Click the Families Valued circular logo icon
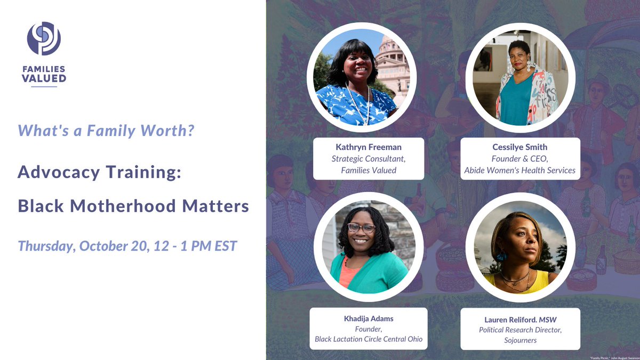coord(44,38)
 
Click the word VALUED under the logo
coord(44,78)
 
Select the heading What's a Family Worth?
coord(106,130)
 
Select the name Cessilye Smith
coord(520,147)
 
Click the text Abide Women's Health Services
coord(520,170)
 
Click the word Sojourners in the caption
coord(520,340)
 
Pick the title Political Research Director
coord(520,330)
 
